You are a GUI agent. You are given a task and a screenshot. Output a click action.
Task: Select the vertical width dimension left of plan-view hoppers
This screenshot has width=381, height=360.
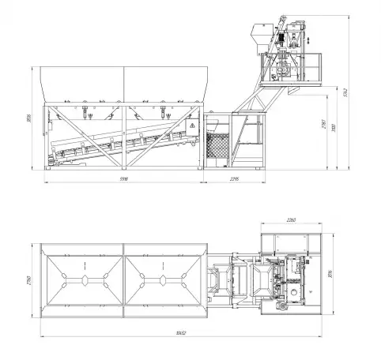[28, 280]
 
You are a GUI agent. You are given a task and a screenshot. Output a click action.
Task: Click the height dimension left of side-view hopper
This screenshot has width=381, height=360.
[28, 118]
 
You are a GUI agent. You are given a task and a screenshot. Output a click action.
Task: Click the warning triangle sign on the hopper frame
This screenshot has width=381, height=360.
[190, 125]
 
